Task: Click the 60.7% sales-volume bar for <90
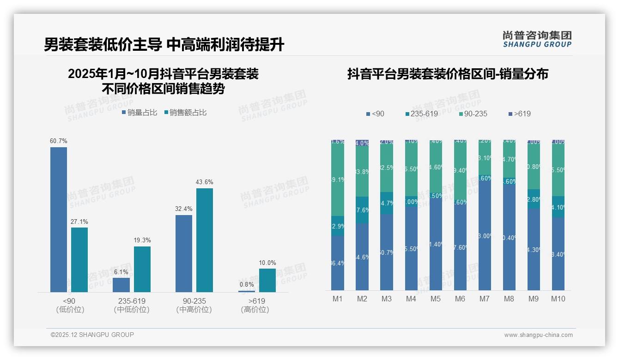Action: click(59, 219)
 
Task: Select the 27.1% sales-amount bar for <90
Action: click(79, 259)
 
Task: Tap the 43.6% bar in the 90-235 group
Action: click(205, 240)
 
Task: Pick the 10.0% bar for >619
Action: click(267, 280)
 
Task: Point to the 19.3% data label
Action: click(142, 240)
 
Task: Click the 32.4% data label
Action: click(184, 209)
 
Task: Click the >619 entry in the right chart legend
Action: click(519, 114)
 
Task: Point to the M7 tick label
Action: click(484, 299)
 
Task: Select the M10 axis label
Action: click(558, 299)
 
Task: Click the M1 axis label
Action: click(338, 299)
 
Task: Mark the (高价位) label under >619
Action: click(255, 310)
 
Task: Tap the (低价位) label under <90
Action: click(70, 310)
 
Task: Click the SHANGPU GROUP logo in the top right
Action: click(537, 39)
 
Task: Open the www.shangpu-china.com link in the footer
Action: click(538, 335)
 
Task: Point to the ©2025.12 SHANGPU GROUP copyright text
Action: click(92, 335)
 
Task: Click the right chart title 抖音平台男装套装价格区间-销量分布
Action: click(448, 74)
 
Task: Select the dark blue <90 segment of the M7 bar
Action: click(485, 235)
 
